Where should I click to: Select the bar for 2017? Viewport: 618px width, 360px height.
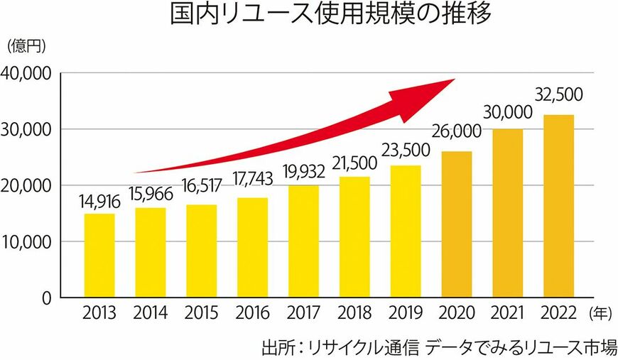pyautogui.click(x=303, y=241)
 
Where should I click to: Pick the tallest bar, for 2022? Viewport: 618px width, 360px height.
pyautogui.click(x=558, y=206)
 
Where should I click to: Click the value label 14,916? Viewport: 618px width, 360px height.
pyautogui.click(x=100, y=202)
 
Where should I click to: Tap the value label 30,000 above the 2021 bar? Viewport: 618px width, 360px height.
pyautogui.click(x=509, y=112)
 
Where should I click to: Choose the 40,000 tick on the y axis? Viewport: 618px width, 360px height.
pyautogui.click(x=26, y=73)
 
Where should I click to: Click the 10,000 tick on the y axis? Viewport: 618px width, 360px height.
pyautogui.click(x=26, y=241)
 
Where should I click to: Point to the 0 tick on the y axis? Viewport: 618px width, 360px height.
pyautogui.click(x=46, y=298)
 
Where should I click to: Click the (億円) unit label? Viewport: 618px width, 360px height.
pyautogui.click(x=26, y=47)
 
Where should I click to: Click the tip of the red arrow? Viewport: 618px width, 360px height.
pyautogui.click(x=453, y=80)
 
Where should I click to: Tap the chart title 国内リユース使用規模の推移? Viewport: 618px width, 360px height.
pyautogui.click(x=330, y=16)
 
